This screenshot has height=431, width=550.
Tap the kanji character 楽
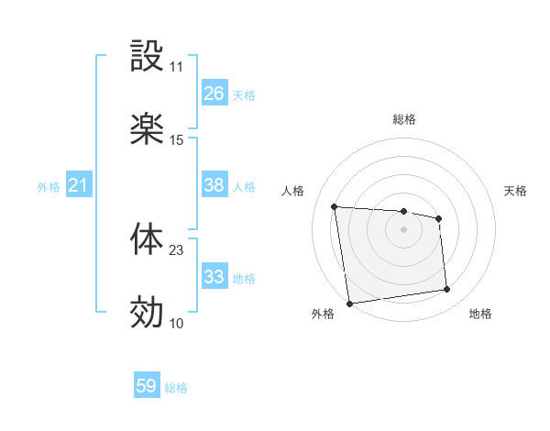(147, 129)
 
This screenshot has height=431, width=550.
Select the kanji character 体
(147, 239)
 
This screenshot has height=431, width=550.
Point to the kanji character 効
(147, 312)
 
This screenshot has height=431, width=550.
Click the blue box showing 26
(214, 94)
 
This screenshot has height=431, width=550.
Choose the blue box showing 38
(214, 185)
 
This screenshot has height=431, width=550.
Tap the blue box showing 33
(214, 277)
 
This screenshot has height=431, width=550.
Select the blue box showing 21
(78, 186)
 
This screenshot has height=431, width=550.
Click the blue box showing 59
(147, 386)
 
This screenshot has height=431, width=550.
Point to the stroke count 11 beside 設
(176, 67)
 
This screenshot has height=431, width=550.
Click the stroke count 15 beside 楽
(176, 140)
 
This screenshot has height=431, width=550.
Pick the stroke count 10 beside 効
(176, 323)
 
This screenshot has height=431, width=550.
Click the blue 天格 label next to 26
(244, 94)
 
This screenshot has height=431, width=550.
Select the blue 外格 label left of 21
(49, 187)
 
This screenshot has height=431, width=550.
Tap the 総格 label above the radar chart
(404, 120)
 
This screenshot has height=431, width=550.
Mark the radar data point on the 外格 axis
(349, 303)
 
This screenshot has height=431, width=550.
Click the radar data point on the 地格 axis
(447, 290)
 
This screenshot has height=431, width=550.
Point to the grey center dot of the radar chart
(404, 228)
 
